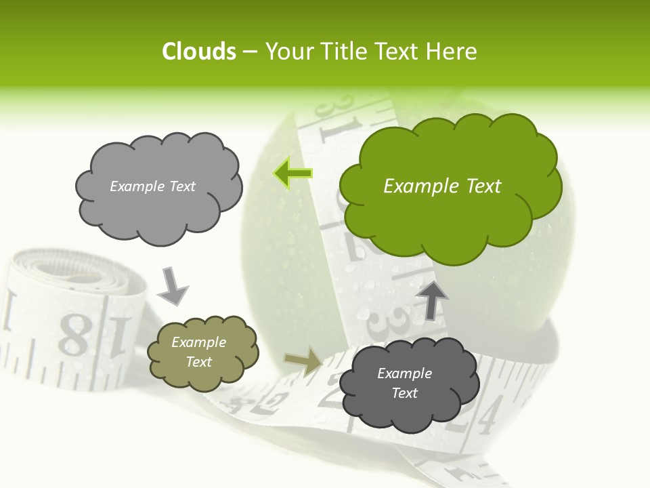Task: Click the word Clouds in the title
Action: pyautogui.click(x=198, y=52)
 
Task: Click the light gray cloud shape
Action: pyautogui.click(x=158, y=210)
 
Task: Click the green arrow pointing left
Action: pyautogui.click(x=292, y=174)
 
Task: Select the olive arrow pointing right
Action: pyautogui.click(x=303, y=362)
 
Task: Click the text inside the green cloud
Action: pyautogui.click(x=442, y=186)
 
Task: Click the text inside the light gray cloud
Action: pyautogui.click(x=152, y=186)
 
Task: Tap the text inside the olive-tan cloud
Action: pyautogui.click(x=199, y=352)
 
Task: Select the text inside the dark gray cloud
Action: pyautogui.click(x=404, y=383)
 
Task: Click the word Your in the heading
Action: pyautogui.click(x=287, y=52)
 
